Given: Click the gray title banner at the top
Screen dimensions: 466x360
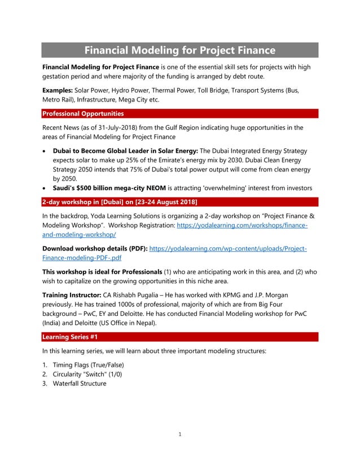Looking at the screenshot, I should click(180, 50).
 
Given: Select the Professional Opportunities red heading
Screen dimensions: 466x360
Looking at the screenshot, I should click(83, 113).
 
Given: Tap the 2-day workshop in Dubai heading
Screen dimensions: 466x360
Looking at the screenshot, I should click(120, 201).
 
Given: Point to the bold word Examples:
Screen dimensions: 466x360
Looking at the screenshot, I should click(58, 90).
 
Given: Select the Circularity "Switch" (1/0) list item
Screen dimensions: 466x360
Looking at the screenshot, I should click(87, 374).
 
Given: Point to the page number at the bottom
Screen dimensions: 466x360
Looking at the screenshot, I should click(179, 434).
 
